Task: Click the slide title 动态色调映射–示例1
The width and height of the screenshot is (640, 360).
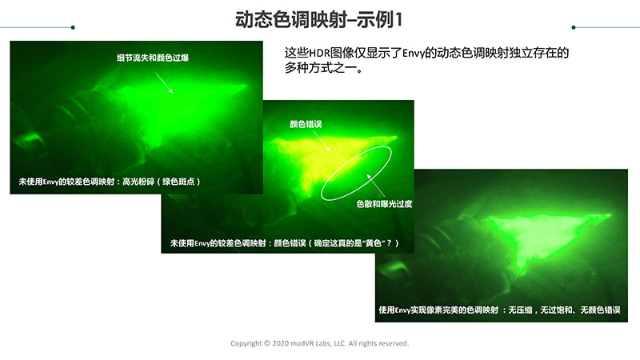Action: click(x=318, y=19)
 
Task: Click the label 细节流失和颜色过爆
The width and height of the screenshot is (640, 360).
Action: click(x=153, y=58)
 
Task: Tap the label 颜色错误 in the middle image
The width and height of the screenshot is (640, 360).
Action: click(x=306, y=124)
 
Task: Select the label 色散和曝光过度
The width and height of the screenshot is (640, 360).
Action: click(x=384, y=204)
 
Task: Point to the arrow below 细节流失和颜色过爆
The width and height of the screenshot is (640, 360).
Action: click(x=164, y=83)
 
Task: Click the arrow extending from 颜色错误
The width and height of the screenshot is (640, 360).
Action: click(x=322, y=142)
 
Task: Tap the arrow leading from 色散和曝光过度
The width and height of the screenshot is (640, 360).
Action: click(x=375, y=186)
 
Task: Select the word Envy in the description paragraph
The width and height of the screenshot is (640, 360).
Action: click(x=414, y=54)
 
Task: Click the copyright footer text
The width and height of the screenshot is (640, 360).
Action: click(x=319, y=343)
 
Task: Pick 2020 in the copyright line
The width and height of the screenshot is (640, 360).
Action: click(x=280, y=343)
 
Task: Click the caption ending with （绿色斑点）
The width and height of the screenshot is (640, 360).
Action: click(x=110, y=182)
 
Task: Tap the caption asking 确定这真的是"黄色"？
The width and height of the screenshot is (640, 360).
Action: click(x=284, y=243)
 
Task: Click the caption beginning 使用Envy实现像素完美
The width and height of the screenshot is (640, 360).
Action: click(x=499, y=310)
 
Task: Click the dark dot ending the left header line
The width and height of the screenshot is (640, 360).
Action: click(x=73, y=27)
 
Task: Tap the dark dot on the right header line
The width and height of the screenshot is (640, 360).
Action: click(x=574, y=27)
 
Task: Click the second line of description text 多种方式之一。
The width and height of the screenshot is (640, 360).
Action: click(x=324, y=68)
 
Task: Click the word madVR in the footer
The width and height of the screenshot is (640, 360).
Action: click(x=302, y=343)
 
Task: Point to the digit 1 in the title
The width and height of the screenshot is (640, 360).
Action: click(x=398, y=19)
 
